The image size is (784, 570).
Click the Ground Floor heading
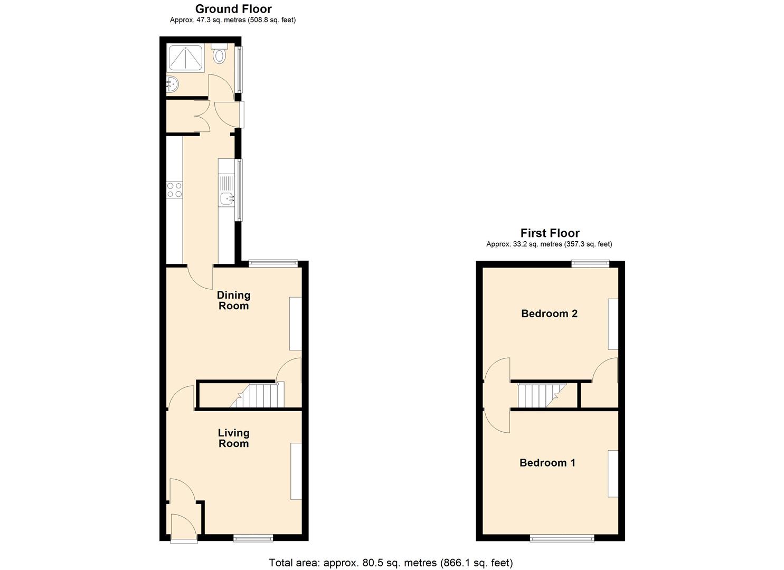(x=233, y=9)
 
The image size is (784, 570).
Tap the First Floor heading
(x=550, y=233)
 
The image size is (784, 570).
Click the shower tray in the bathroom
(x=185, y=58)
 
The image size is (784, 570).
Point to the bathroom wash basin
(x=172, y=84)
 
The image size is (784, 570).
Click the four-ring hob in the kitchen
(x=174, y=190)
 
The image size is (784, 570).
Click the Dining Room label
(x=233, y=300)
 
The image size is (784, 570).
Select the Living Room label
(x=233, y=438)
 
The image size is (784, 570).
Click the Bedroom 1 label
(x=547, y=463)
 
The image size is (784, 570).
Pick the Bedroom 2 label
(x=549, y=313)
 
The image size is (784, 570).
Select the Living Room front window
(x=253, y=538)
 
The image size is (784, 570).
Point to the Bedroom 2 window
(x=591, y=263)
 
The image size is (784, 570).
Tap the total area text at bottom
(x=391, y=563)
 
